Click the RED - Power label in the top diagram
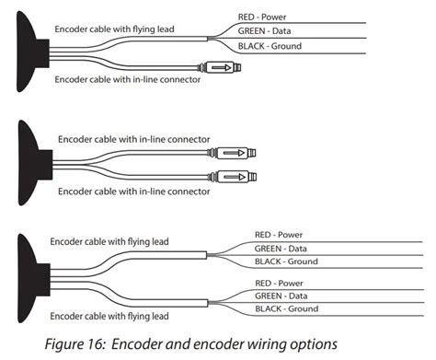click(x=264, y=17)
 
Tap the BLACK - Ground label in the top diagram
click(x=269, y=47)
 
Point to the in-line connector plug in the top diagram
click(x=221, y=68)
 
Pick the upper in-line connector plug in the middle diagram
click(x=236, y=154)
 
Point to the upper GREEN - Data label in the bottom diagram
click(x=281, y=249)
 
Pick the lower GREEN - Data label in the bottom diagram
click(x=281, y=296)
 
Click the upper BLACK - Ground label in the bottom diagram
click(x=286, y=262)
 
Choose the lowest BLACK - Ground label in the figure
click(x=286, y=309)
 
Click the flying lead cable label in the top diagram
click(x=128, y=29)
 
